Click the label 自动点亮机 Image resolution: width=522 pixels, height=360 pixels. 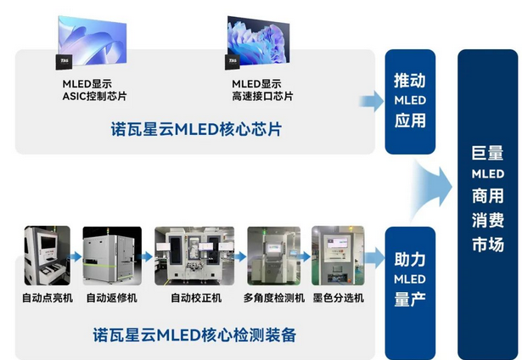[x=48, y=298]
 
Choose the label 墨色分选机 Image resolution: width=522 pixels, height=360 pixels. [x=339, y=298]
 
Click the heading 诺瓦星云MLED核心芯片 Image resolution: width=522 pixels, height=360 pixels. [x=196, y=131]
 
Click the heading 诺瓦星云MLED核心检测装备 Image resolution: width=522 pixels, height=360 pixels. [x=194, y=334]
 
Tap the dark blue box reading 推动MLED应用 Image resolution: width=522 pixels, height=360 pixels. [x=410, y=101]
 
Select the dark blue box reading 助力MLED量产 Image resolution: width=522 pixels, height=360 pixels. [x=410, y=278]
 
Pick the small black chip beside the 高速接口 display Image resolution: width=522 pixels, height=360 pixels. [x=230, y=62]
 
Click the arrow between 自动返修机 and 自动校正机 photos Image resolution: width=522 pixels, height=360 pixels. [x=146, y=256]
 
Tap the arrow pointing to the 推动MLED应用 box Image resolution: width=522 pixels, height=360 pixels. [x=371, y=102]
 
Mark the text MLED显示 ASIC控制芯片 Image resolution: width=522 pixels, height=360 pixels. [x=94, y=90]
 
